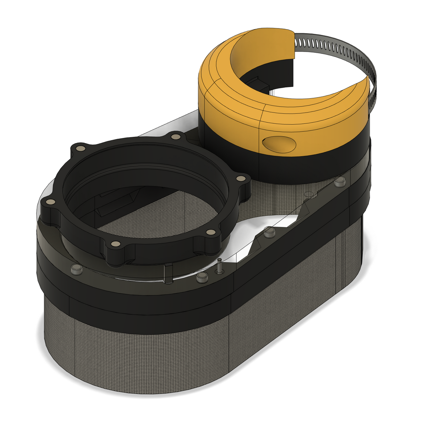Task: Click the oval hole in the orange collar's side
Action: click(279, 144)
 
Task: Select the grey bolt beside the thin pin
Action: click(201, 278)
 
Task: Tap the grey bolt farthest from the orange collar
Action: click(76, 269)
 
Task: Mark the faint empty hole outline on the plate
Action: click(308, 194)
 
